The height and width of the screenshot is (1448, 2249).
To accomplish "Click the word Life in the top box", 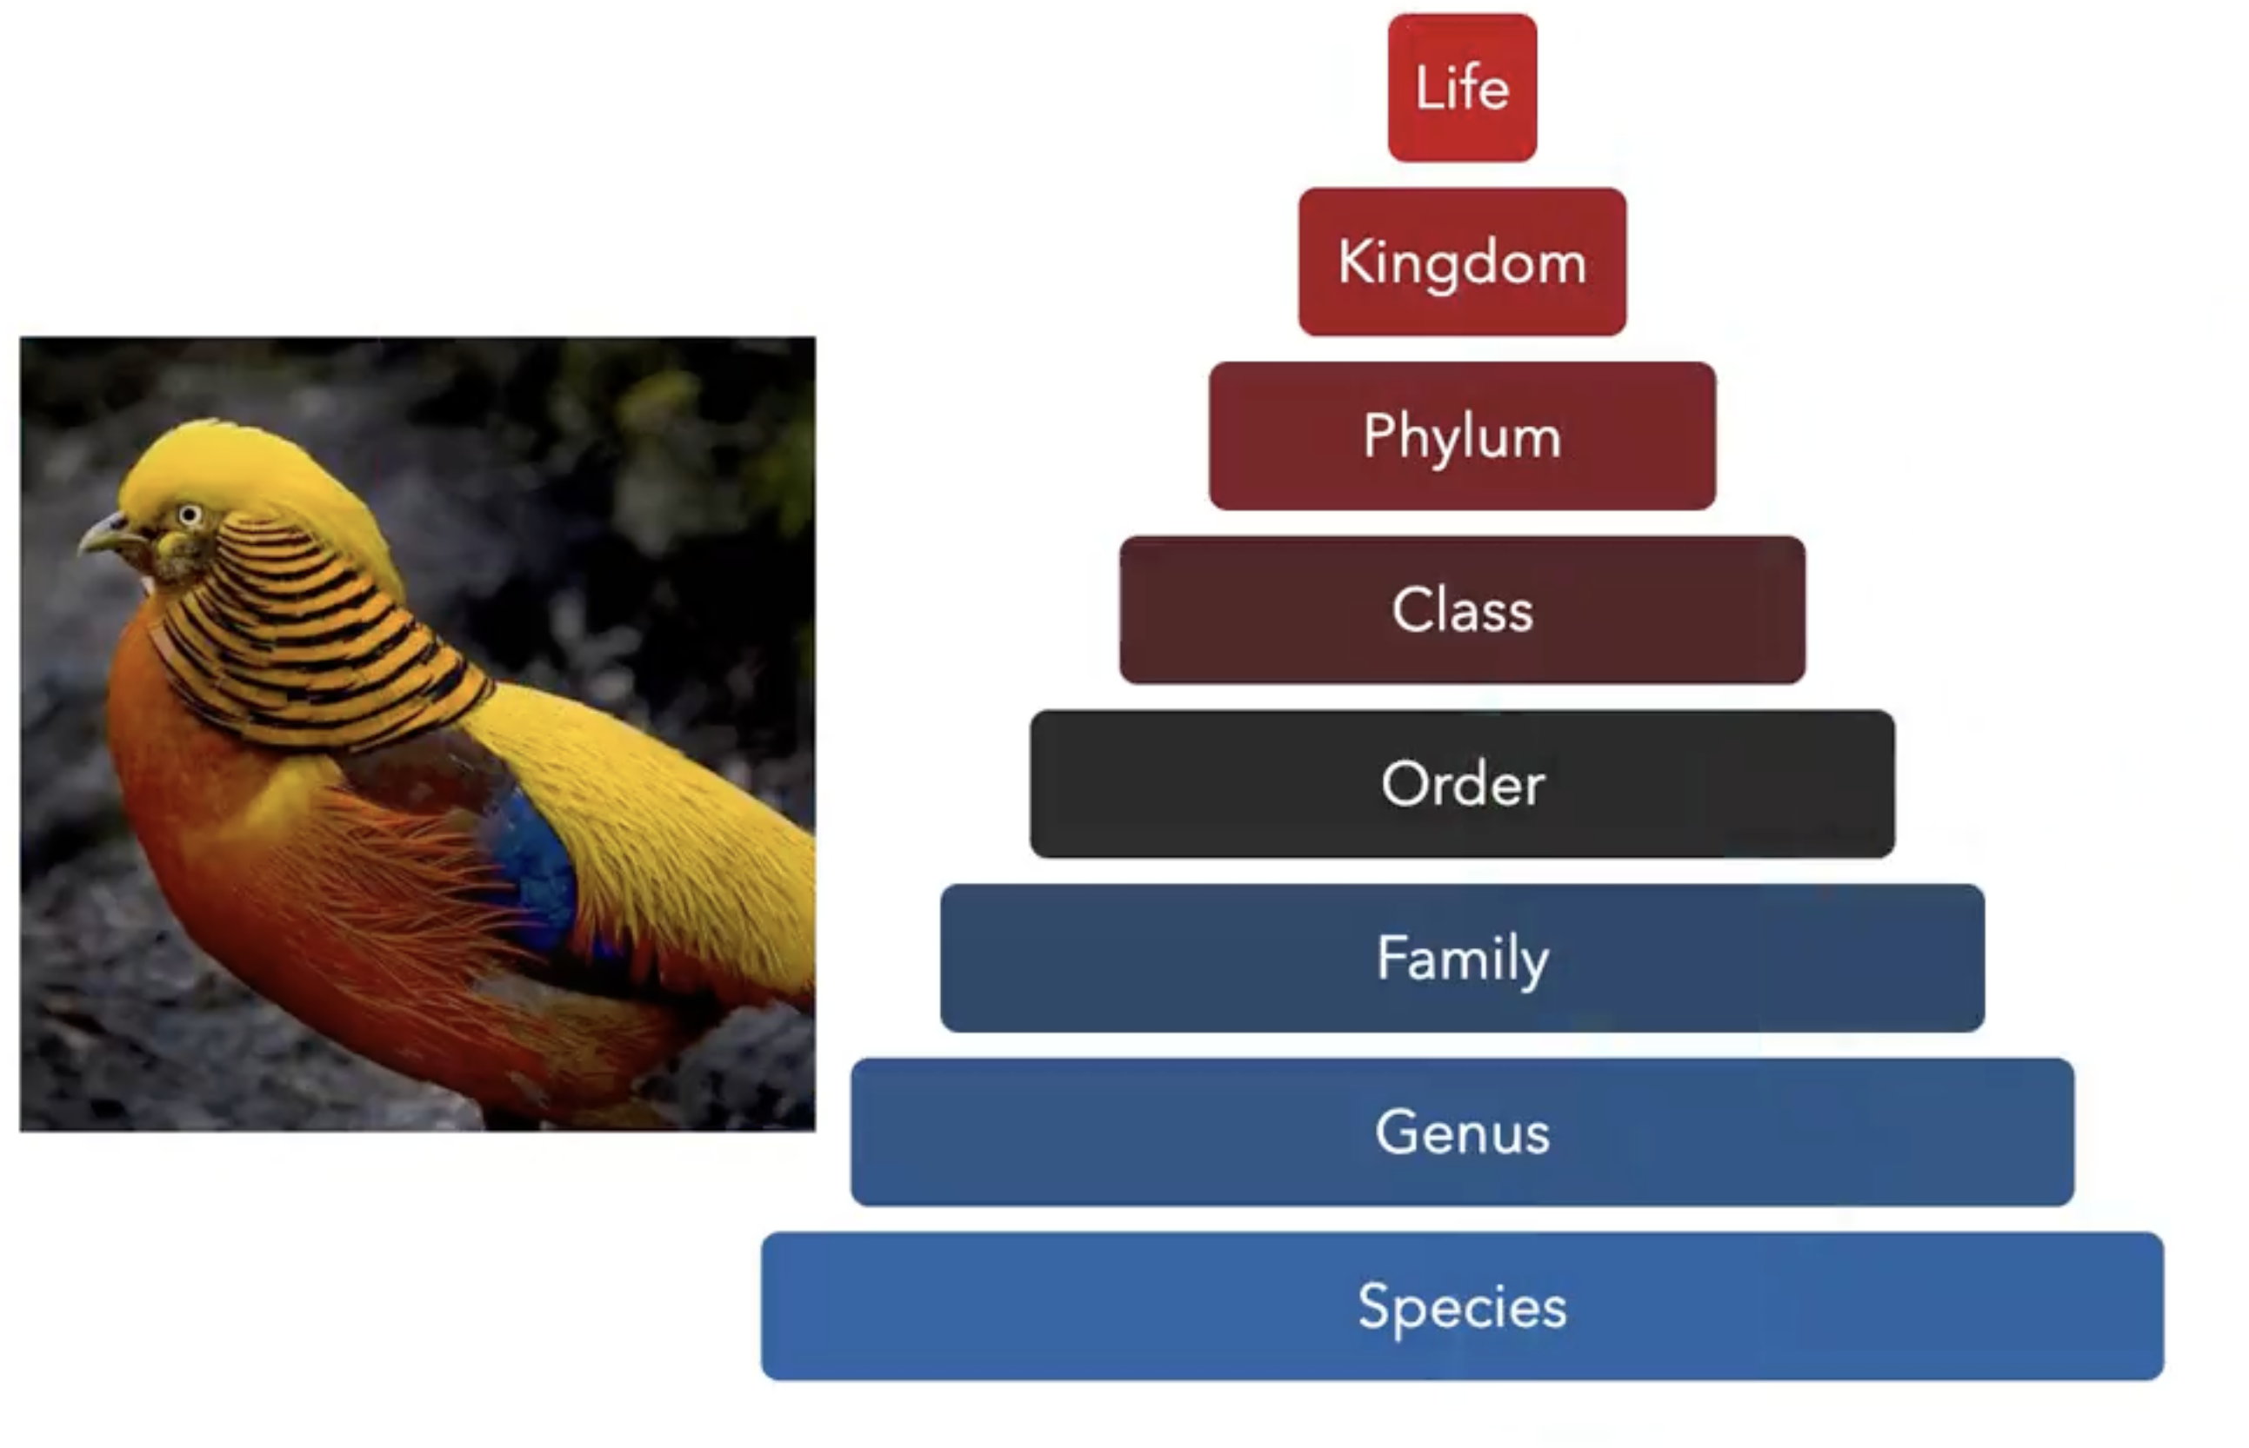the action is coord(1462,88).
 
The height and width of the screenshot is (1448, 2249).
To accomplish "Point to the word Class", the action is coord(1462,610).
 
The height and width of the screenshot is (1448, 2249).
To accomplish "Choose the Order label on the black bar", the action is coord(1462,783).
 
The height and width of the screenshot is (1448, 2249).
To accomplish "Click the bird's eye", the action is coord(190,515).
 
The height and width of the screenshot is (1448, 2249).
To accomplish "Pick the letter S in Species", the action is coord(1375,1305).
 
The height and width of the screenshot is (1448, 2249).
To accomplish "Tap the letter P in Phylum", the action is coord(1381,435).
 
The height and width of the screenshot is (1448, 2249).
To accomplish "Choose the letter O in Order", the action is coord(1406,783).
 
